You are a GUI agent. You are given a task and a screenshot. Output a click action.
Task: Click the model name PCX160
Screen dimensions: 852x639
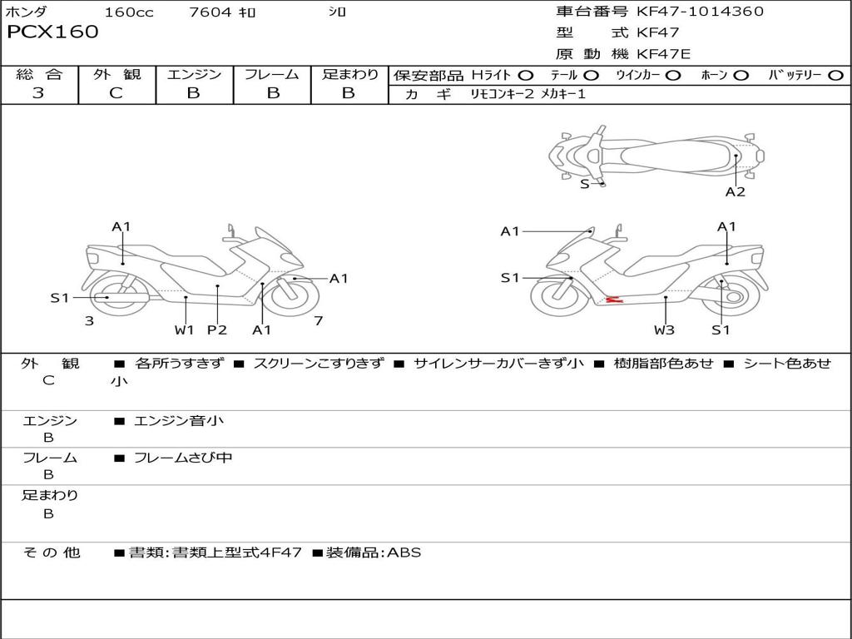point(52,32)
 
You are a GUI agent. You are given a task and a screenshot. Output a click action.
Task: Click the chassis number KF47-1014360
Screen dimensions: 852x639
point(700,12)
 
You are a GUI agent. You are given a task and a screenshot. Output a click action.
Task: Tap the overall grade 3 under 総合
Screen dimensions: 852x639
point(38,93)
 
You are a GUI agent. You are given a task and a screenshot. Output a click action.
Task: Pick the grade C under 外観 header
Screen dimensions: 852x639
point(116,93)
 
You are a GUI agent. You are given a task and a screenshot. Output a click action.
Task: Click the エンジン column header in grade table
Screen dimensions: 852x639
point(194,75)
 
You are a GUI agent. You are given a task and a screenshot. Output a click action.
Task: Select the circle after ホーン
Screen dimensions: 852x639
point(741,76)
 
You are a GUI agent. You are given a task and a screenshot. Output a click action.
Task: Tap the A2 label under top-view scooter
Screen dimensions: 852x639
point(735,192)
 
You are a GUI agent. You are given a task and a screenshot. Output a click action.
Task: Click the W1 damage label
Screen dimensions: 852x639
point(184,329)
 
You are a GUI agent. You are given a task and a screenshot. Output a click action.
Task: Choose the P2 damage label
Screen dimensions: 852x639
point(217,329)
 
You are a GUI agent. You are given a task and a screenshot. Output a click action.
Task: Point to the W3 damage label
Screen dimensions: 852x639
point(664,329)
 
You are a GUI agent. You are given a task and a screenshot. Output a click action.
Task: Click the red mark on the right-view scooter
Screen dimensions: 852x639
point(614,299)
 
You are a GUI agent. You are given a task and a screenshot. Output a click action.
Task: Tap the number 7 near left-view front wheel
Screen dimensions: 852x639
point(318,320)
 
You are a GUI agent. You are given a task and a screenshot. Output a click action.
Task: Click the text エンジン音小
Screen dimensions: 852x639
point(179,421)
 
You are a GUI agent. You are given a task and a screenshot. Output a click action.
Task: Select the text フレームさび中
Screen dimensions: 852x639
point(183,458)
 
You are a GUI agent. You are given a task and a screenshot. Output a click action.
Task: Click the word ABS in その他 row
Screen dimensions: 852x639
point(404,552)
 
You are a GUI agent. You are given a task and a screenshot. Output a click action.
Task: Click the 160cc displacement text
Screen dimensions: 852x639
point(129,12)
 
